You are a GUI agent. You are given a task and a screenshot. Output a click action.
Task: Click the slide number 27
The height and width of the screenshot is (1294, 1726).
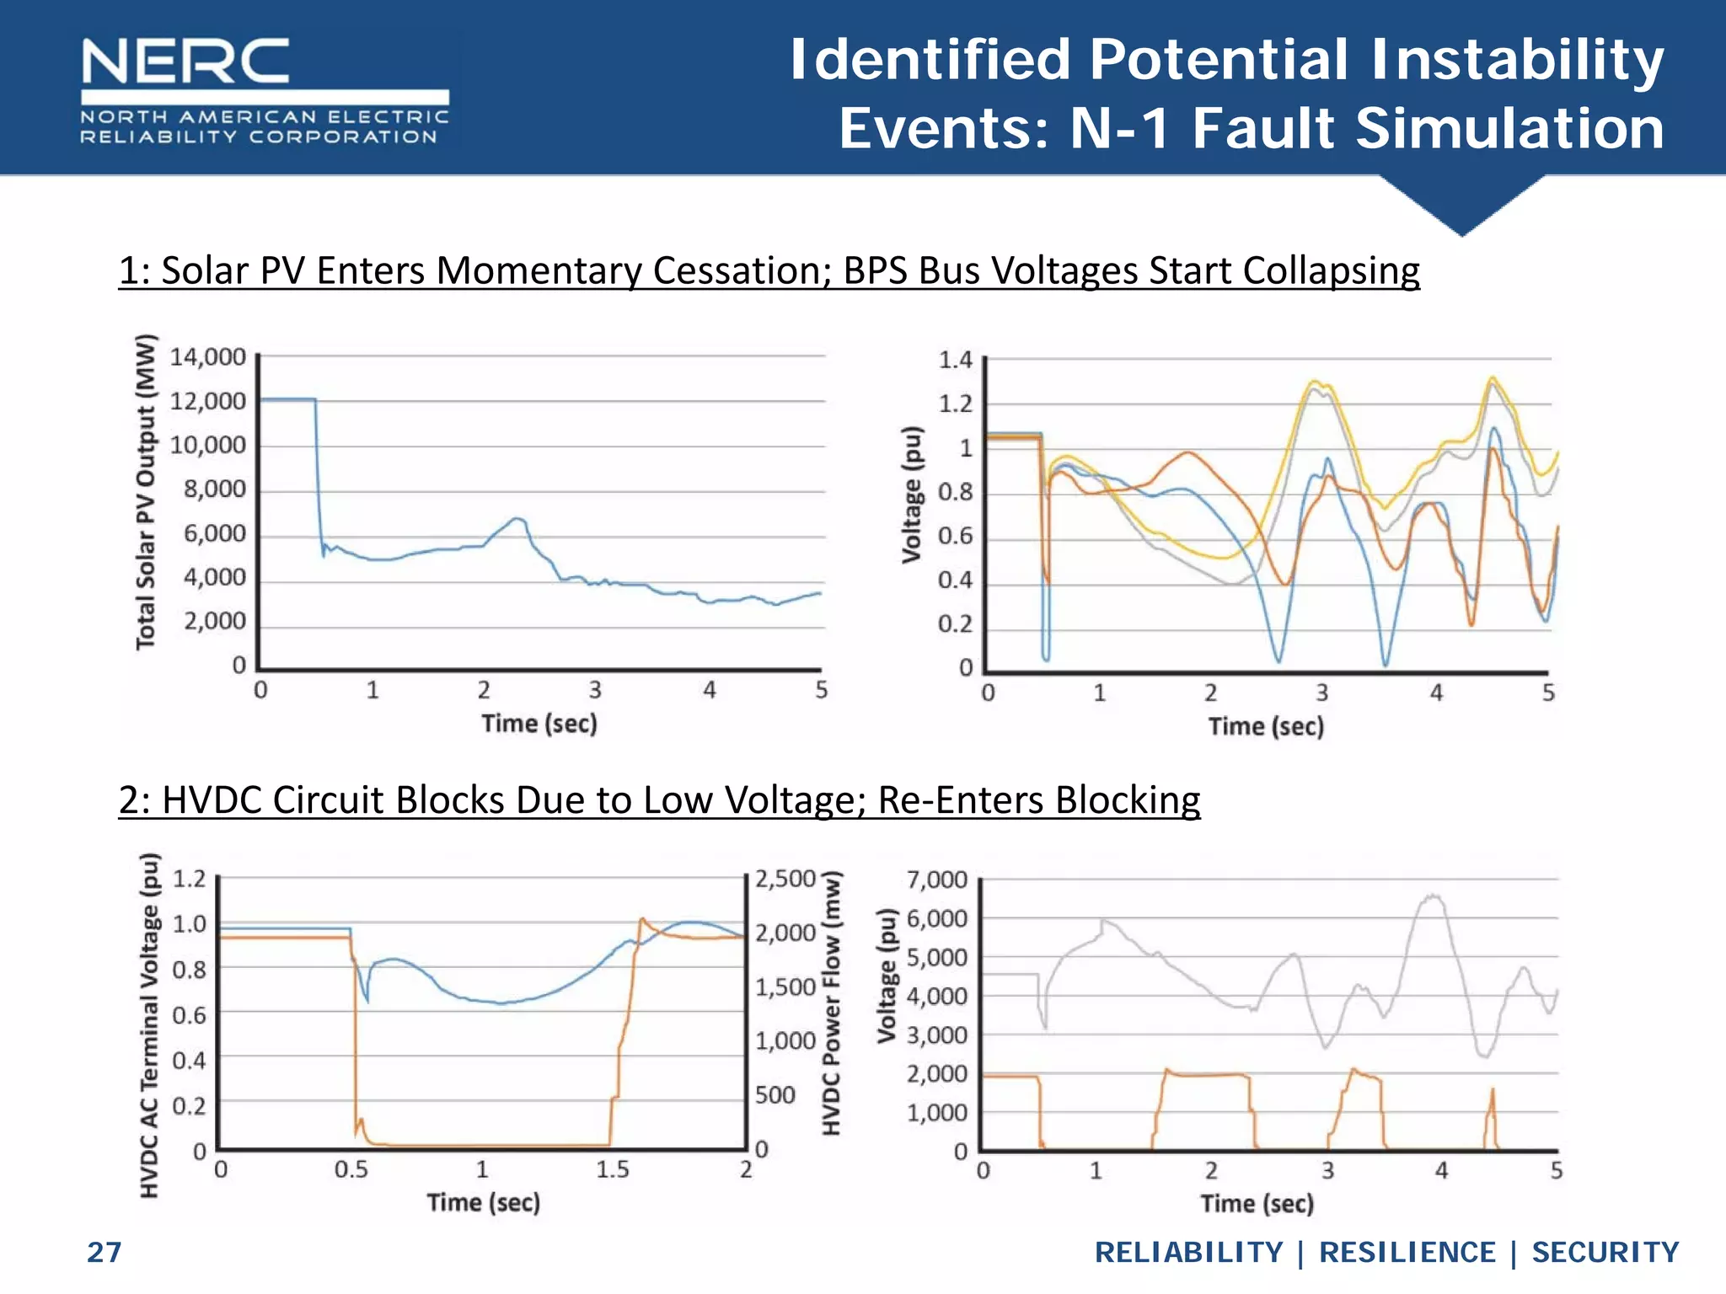tap(105, 1252)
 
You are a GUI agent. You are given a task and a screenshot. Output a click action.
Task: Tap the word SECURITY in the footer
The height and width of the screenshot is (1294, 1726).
tap(1605, 1252)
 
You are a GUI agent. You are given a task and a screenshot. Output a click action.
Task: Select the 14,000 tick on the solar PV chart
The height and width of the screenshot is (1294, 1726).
tap(208, 357)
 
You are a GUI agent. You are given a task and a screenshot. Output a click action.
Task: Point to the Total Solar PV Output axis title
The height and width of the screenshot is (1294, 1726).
tap(146, 492)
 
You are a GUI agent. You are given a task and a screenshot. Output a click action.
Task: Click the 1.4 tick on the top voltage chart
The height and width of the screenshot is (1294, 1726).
tap(956, 361)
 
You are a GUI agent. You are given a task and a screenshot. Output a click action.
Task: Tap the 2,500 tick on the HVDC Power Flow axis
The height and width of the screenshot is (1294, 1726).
tap(785, 880)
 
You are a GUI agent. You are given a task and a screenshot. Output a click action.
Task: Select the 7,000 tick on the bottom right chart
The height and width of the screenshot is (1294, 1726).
tap(937, 880)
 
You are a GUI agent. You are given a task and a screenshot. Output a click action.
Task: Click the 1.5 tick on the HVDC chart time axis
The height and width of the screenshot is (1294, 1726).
tap(613, 1169)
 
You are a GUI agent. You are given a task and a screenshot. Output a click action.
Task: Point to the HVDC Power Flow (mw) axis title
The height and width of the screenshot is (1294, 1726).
tap(832, 1003)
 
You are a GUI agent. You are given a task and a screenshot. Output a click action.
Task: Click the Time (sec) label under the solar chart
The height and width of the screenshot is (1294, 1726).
tap(539, 723)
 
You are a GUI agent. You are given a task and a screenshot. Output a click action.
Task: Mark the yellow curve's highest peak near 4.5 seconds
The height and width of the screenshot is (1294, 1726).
tap(1493, 377)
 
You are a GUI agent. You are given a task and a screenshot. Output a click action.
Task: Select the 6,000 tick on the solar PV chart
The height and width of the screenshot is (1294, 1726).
tap(215, 533)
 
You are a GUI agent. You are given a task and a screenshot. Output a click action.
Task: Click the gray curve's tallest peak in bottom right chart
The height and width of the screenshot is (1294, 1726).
tap(1433, 896)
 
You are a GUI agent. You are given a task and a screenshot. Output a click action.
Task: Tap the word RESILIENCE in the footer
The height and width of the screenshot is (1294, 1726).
tap(1407, 1252)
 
